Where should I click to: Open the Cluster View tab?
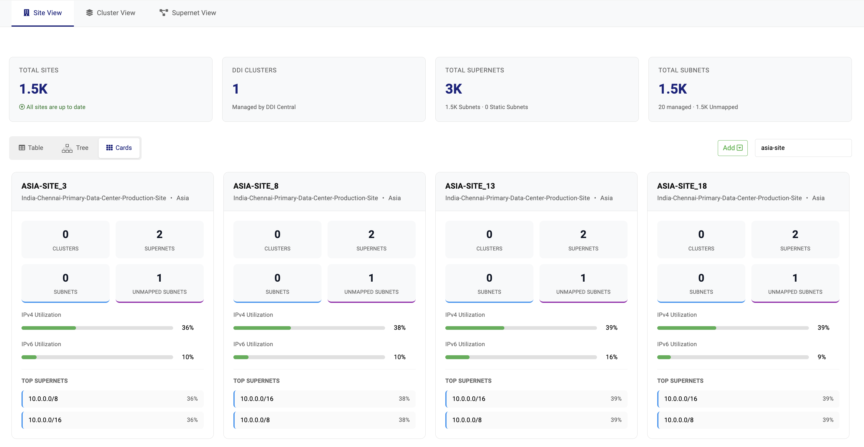[x=110, y=13]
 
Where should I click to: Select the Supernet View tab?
[x=187, y=13]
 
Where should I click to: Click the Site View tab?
[x=43, y=13]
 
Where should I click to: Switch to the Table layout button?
[x=31, y=148]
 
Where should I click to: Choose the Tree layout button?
[x=75, y=148]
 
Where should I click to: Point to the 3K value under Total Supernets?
[x=453, y=89]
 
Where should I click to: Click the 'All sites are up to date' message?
[x=52, y=107]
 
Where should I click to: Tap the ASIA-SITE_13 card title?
[x=470, y=186]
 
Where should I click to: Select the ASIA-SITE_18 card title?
[x=681, y=186]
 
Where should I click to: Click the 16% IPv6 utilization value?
[x=611, y=357]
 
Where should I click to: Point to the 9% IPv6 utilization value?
[x=821, y=357]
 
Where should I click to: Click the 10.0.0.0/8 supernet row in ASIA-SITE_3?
[x=112, y=399]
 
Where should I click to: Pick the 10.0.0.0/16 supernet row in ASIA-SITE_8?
[x=324, y=399]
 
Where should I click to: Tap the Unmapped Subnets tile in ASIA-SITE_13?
[x=583, y=283]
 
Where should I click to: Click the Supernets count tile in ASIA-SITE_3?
[x=159, y=239]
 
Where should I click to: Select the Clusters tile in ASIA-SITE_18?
[x=701, y=239]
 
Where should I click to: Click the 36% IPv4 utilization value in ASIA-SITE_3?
[x=187, y=328]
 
